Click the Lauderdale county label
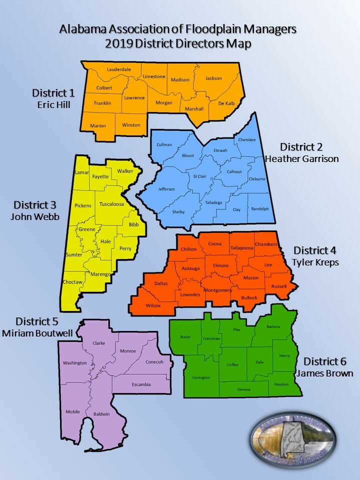119,69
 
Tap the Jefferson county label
166,189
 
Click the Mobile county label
72,411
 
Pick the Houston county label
281,384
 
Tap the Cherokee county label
247,140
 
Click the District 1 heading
53,93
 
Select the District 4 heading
315,250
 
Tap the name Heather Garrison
301,159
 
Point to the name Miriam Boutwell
38,333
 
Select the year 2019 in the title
117,43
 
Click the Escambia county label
140,384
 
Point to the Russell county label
279,286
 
